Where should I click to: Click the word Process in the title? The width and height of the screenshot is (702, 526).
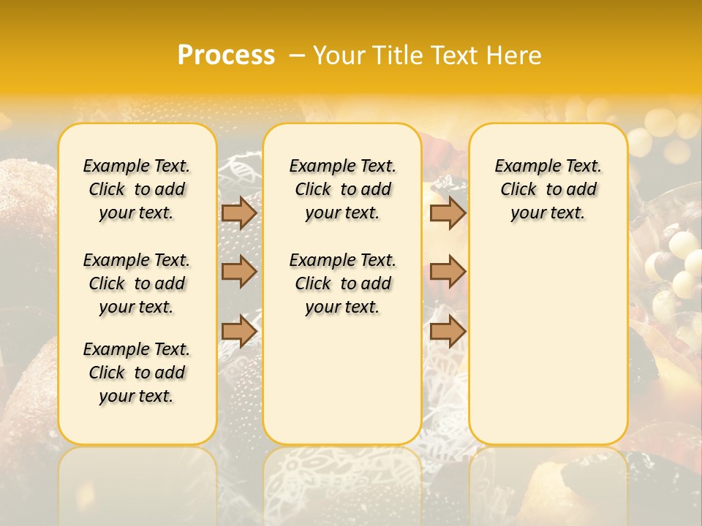coord(226,56)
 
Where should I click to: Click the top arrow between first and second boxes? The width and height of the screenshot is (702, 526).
coord(239,213)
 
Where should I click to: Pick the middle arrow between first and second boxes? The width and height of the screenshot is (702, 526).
coord(239,272)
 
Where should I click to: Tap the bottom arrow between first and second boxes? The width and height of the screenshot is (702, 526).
coord(239,331)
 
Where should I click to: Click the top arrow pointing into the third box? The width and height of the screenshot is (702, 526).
coord(448,213)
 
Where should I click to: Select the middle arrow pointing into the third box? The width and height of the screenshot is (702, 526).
coord(448,272)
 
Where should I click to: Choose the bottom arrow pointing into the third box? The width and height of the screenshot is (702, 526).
coord(448,331)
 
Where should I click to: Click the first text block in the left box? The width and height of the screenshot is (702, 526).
coord(137,189)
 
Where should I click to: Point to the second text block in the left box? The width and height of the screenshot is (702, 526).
coord(137,283)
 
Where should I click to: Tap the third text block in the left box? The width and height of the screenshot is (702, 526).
coord(137,373)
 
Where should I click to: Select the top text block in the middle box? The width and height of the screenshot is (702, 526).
coord(342,189)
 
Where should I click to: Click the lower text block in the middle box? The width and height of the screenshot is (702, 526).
coord(342,283)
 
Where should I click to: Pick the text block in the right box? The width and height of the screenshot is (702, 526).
coord(548,189)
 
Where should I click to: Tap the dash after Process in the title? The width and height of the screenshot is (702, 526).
coord(297,56)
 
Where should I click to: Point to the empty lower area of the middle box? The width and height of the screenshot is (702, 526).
coord(342,380)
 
